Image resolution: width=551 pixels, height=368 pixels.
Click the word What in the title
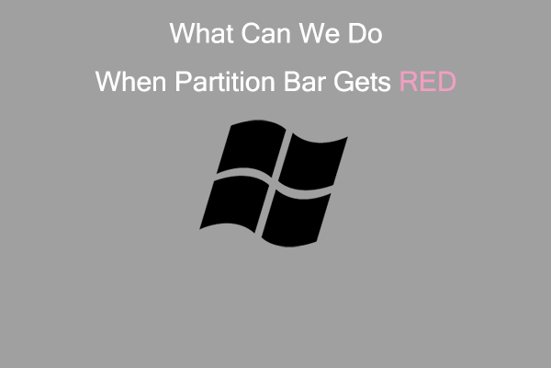(198, 36)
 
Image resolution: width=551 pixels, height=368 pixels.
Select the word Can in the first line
(259, 36)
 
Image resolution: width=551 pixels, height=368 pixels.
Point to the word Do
(362, 36)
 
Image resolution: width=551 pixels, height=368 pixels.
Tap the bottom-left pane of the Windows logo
(232, 200)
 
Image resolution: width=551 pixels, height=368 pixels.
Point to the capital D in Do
(354, 36)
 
